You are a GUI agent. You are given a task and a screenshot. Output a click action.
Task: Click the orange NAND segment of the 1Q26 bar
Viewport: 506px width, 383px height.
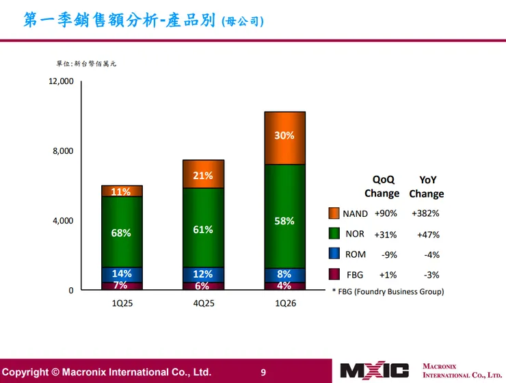[x=284, y=138]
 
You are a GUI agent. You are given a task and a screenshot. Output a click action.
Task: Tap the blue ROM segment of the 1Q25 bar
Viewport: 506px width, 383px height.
[x=122, y=274]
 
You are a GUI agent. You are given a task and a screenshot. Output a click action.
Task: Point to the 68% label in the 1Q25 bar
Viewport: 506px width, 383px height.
[x=121, y=233]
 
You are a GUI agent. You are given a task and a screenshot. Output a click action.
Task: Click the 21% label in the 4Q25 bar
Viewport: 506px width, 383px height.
[x=203, y=176]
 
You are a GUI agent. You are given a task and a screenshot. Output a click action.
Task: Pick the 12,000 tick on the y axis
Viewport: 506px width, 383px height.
[x=61, y=81]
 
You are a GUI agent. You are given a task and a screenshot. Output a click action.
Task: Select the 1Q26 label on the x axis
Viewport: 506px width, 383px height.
[x=284, y=303]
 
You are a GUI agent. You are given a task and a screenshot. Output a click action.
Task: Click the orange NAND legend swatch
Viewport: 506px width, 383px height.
[x=334, y=213]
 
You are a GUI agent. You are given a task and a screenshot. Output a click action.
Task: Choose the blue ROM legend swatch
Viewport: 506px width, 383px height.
[x=334, y=254]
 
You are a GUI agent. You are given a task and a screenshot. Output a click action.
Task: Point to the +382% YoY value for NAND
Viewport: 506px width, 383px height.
[x=425, y=213]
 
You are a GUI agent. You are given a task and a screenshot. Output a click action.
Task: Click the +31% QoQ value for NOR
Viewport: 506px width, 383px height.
[x=386, y=234]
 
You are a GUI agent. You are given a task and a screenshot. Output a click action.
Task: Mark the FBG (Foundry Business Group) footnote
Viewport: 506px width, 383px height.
[x=388, y=291]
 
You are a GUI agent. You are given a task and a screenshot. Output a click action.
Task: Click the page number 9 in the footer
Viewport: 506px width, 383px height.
[x=263, y=372]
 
